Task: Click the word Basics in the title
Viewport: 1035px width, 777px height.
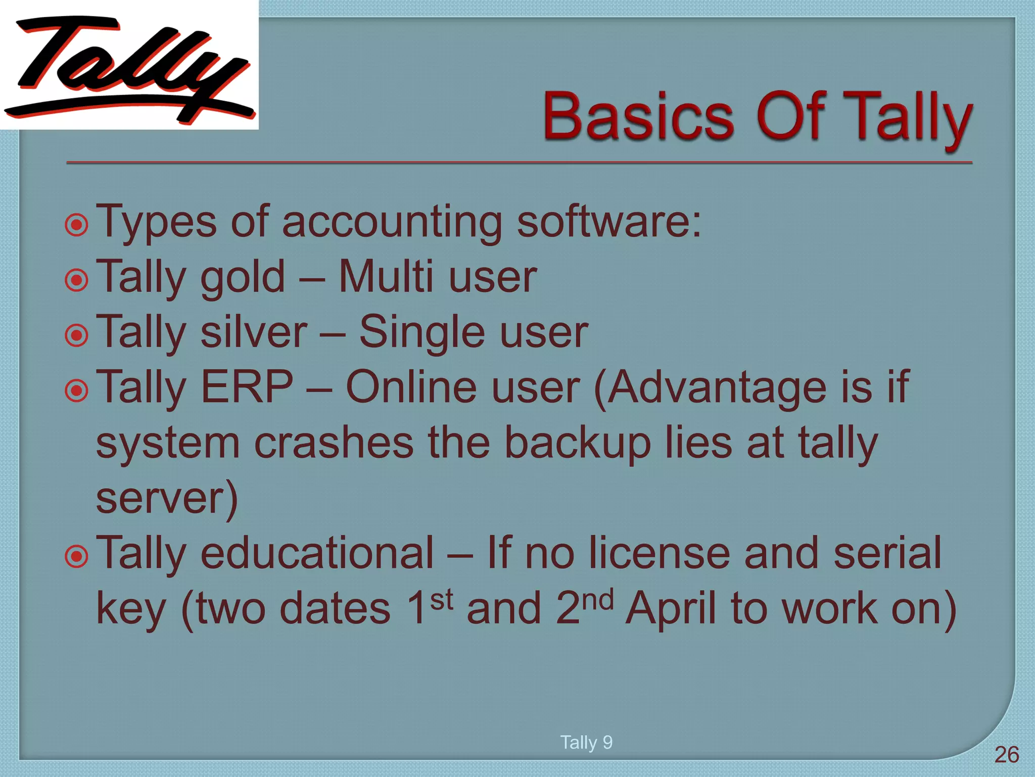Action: point(638,116)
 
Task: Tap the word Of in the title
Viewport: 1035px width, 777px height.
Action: point(791,116)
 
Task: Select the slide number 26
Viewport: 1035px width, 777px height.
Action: point(1006,755)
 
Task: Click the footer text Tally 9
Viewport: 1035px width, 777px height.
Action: point(586,742)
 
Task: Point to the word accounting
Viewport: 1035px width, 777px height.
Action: point(392,223)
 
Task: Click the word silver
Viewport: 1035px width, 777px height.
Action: point(254,332)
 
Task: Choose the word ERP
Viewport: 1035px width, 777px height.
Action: point(247,387)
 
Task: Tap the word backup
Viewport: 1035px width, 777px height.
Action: point(577,444)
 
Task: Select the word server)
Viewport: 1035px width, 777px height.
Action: point(167,499)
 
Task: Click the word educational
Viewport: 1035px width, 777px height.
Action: point(317,553)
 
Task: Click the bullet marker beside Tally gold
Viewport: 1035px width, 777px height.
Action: point(77,280)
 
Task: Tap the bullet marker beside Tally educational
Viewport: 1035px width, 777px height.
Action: point(77,556)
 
